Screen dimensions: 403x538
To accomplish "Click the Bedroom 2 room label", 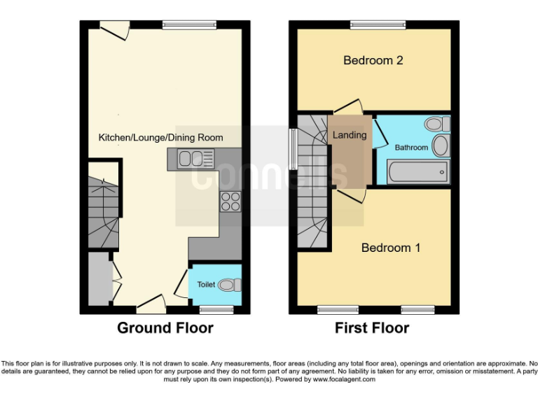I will point(373,60).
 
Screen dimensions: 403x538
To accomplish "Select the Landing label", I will point(349,135).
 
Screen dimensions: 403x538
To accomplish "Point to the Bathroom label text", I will point(411,148).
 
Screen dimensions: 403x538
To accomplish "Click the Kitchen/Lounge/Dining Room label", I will point(160,137).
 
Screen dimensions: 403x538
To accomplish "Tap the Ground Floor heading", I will point(165,327).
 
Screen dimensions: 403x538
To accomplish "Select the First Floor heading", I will point(371,327).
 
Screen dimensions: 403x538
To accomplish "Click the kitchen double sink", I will point(190,160).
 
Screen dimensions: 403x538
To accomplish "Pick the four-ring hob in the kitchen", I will point(230,201).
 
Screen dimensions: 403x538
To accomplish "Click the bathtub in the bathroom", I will point(413,171).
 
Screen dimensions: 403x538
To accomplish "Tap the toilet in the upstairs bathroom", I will point(438,125).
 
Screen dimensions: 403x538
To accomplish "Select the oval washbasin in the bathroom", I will point(441,146).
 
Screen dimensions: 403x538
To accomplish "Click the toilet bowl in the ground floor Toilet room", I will point(229,285).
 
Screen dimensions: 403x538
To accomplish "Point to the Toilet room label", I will point(206,285).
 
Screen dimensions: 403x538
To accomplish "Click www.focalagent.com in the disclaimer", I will point(344,379).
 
